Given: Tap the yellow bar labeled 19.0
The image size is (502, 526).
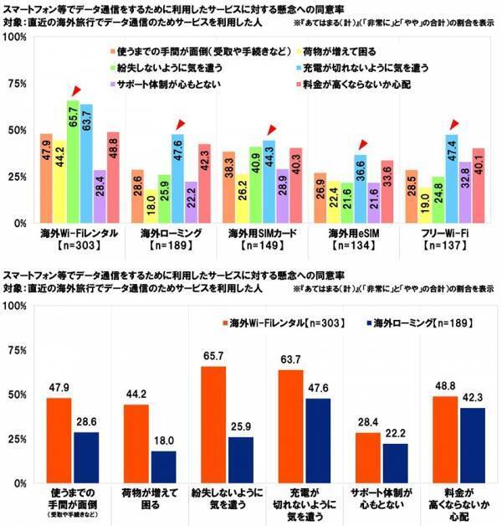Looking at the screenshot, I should [x=424, y=206].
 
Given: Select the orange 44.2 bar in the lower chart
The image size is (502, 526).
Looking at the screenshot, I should [x=136, y=444].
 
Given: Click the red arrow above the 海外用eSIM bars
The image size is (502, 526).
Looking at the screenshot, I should [x=361, y=144].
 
